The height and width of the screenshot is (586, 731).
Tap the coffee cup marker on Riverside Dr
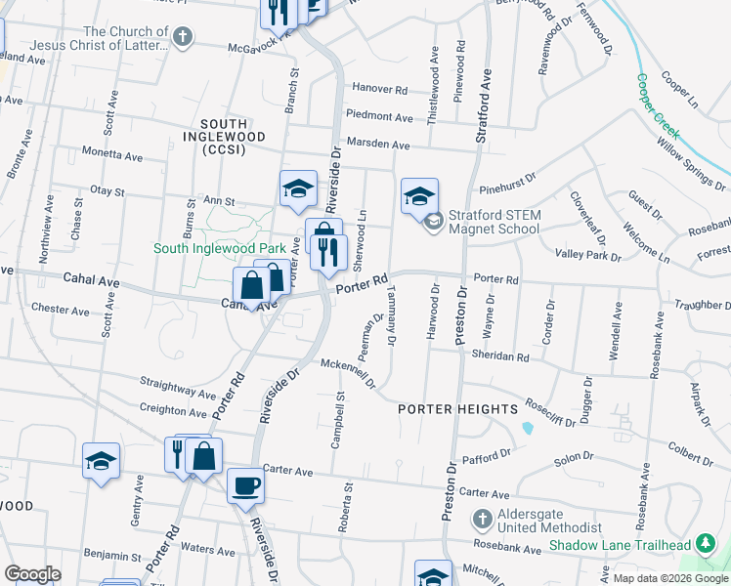click(x=245, y=485)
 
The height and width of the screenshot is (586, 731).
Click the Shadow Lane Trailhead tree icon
click(x=706, y=544)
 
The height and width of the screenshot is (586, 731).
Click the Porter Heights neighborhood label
click(x=457, y=409)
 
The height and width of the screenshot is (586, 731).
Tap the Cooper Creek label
click(x=658, y=106)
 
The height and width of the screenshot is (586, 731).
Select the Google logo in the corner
click(x=31, y=573)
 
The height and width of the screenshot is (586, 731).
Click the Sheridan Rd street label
click(x=508, y=357)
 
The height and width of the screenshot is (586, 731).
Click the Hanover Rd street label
click(x=379, y=89)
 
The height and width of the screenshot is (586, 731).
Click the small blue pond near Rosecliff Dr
click(x=528, y=427)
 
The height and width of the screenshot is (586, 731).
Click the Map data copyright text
click(x=671, y=578)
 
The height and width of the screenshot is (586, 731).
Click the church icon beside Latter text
click(x=182, y=38)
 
